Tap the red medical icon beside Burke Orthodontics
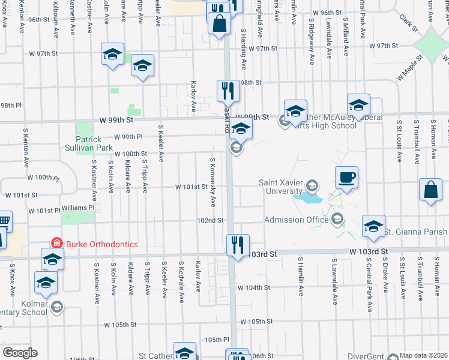click(56, 244)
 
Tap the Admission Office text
click(297, 220)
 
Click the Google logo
click(20, 353)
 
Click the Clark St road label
click(410, 23)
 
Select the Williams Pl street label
click(78, 208)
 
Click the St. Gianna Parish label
click(415, 232)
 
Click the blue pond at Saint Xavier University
click(308, 196)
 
